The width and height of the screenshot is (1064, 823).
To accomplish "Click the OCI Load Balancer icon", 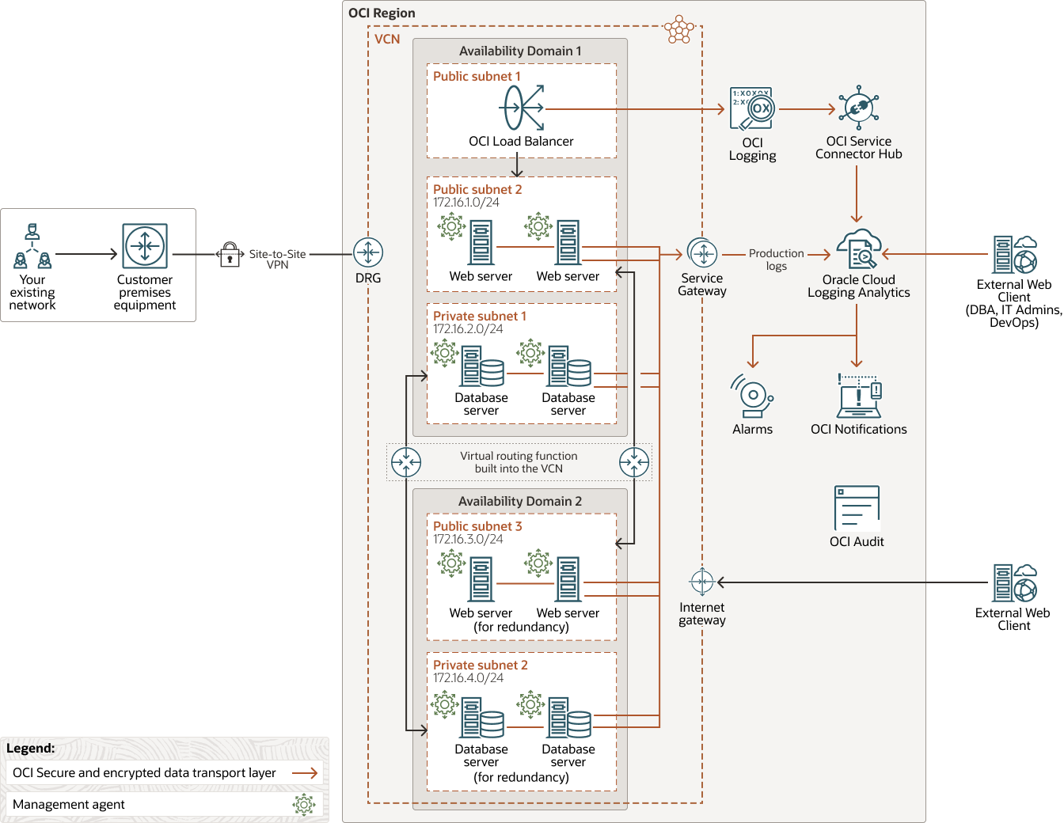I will tap(522, 108).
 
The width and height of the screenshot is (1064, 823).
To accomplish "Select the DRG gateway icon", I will tap(368, 253).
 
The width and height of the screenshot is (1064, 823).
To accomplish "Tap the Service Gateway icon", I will tap(702, 253).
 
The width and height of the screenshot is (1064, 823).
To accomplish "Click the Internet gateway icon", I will tap(702, 582).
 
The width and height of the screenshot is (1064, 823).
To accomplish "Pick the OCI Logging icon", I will tap(751, 109).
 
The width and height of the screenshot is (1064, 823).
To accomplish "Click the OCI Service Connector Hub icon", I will tap(858, 108).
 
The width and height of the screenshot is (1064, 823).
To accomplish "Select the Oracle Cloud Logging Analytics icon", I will tap(859, 250).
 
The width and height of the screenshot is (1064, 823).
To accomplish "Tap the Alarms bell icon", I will tap(751, 396).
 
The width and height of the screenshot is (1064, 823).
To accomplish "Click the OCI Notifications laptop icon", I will tap(859, 396).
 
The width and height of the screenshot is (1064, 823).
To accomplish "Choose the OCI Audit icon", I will tap(857, 508).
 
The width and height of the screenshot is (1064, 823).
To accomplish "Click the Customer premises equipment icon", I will tap(145, 246).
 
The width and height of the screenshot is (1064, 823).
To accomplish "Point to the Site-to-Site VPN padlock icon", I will tap(230, 254).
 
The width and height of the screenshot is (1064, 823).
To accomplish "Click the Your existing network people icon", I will tap(32, 247).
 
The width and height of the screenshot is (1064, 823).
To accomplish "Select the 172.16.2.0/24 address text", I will tap(468, 329).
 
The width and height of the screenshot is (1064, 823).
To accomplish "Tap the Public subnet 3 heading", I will tap(477, 526).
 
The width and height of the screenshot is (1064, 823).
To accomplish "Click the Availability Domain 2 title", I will tap(519, 501).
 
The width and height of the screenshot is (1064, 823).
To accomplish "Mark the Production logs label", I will tap(776, 260).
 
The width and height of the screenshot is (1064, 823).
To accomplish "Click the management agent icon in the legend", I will tap(304, 805).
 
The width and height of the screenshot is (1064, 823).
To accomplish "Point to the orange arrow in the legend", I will tap(305, 773).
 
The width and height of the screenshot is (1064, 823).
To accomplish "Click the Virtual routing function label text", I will tap(519, 462).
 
